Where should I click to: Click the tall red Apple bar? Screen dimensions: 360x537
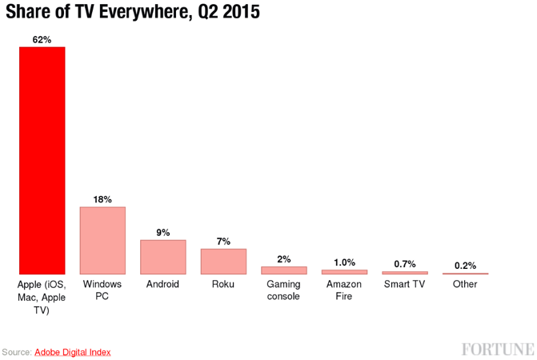pos(42,160)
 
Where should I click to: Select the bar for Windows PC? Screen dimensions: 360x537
pos(102,241)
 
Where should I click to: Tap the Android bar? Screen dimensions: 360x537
pos(163,257)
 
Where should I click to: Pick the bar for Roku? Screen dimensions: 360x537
pos(223,262)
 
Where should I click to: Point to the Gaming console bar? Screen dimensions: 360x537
pos(284,270)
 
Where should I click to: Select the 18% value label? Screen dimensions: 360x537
pos(102,198)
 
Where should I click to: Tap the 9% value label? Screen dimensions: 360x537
pos(163,232)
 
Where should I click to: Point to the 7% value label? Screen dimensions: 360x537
pos(223,240)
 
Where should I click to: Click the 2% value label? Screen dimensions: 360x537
pos(284,258)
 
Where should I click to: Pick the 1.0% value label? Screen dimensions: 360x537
pos(344,262)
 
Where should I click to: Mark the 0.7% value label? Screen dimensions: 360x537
pos(404,264)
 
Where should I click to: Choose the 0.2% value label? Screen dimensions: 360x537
pos(465,266)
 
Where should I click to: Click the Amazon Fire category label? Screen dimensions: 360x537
pos(344,290)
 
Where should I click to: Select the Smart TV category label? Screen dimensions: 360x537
pos(404,284)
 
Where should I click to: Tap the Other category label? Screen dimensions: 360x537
pos(465,284)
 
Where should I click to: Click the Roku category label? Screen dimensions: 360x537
pos(223,284)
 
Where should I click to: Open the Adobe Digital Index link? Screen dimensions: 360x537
pos(72,352)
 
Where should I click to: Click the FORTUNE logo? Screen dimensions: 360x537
pos(497,349)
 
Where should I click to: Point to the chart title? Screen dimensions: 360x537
pos(133,13)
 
